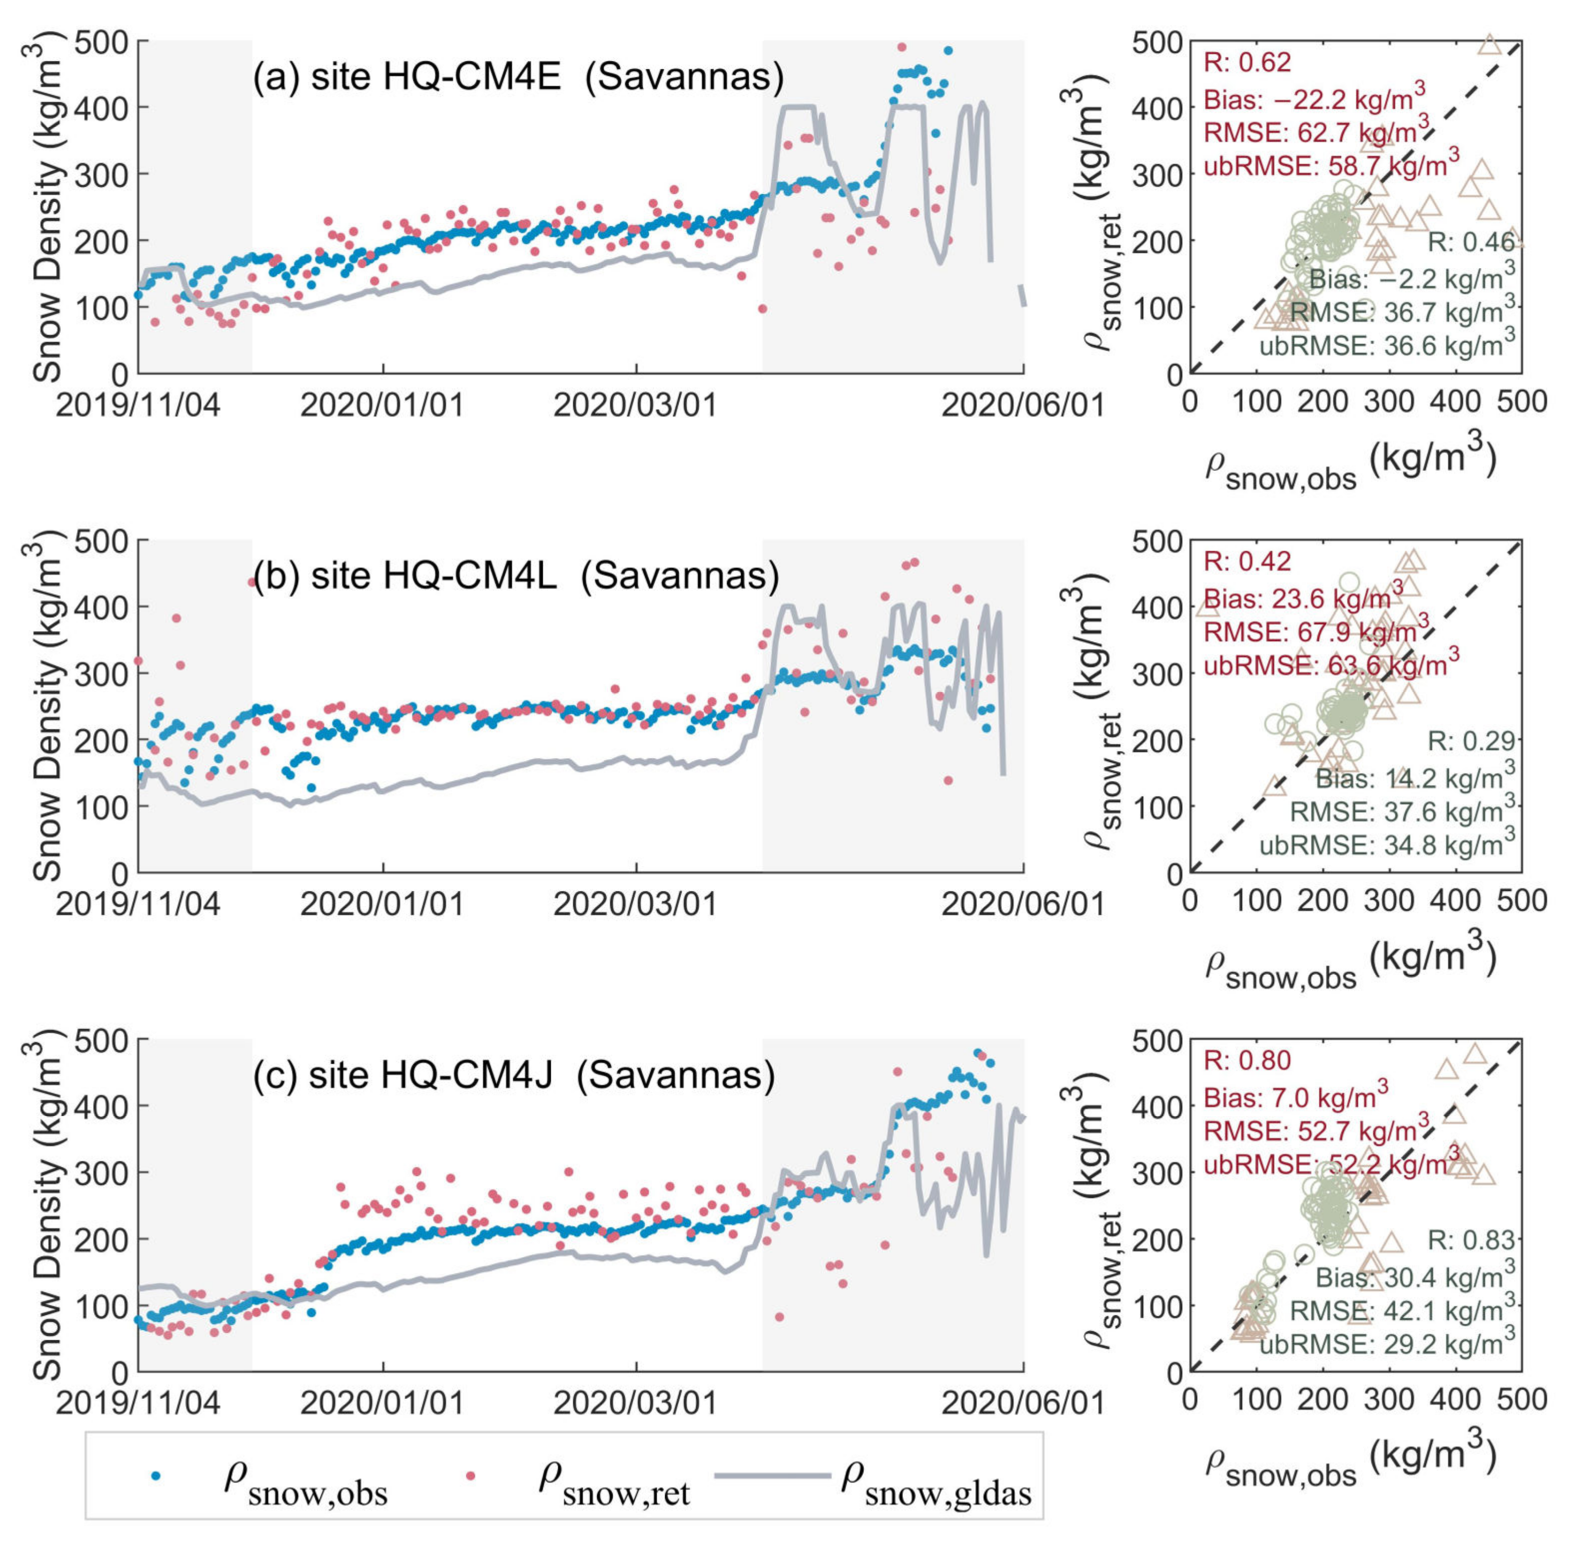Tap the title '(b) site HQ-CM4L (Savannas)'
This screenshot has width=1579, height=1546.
click(515, 576)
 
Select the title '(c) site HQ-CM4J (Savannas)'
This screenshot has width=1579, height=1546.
click(514, 1074)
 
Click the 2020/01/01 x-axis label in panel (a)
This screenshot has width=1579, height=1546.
click(383, 405)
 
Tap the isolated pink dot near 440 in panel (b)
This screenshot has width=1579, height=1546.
click(251, 581)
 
